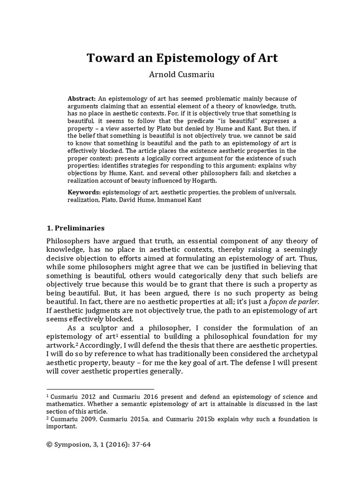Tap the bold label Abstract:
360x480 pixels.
pos(82,99)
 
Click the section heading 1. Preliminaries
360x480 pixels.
pos(75,228)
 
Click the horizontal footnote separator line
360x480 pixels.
pos(100,389)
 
